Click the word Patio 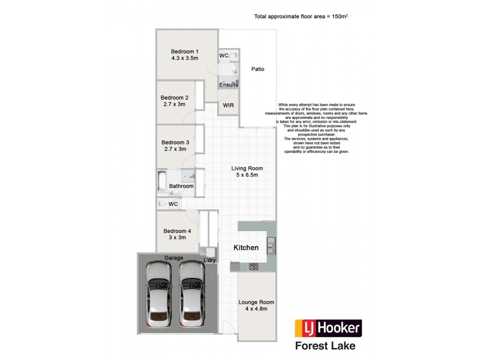click(x=258, y=69)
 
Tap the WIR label click(x=228, y=105)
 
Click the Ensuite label click(x=229, y=85)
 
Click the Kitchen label click(x=246, y=248)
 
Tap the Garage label click(x=174, y=258)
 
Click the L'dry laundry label click(x=209, y=260)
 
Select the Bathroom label click(x=181, y=186)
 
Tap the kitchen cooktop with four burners click(x=254, y=266)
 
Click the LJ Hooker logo click(x=328, y=328)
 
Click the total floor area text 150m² click(x=301, y=17)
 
